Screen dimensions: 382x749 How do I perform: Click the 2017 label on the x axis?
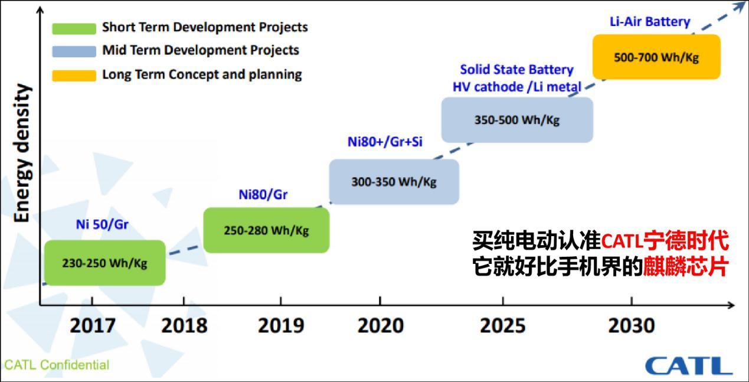[93, 326]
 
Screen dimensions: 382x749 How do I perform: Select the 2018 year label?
[184, 326]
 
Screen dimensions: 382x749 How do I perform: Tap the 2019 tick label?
[280, 326]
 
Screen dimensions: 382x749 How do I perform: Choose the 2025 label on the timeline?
[503, 326]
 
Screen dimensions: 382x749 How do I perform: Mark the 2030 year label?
[631, 326]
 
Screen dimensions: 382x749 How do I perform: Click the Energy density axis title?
[22, 154]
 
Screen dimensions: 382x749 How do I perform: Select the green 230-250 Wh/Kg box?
[104, 263]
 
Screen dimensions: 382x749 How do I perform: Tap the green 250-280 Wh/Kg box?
[266, 230]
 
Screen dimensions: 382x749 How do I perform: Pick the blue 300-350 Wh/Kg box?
[394, 182]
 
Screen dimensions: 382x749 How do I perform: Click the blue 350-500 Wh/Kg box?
[516, 120]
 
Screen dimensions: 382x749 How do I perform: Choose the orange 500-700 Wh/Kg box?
[656, 57]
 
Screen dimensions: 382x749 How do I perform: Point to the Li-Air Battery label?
[649, 22]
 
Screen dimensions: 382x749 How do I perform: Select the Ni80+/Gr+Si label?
[385, 142]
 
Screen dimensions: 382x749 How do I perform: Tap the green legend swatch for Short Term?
[74, 28]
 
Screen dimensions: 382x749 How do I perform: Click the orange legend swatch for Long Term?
[74, 75]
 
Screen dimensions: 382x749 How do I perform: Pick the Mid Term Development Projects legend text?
[200, 50]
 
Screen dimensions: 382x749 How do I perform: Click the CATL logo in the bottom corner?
[688, 365]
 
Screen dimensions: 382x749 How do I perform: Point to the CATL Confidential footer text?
[57, 365]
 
